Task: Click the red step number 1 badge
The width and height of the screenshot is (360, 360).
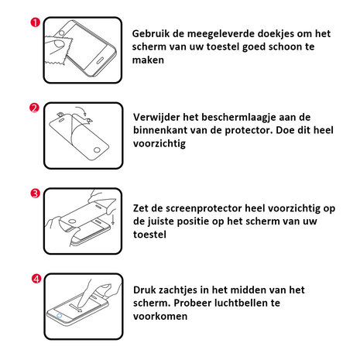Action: tap(36, 22)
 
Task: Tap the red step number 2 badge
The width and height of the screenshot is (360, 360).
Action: tap(34, 108)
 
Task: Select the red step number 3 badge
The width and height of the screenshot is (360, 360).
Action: tap(36, 194)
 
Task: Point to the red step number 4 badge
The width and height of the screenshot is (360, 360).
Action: tap(36, 279)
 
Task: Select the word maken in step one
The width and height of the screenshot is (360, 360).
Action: tap(148, 60)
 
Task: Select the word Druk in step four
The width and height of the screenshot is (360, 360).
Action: tap(144, 290)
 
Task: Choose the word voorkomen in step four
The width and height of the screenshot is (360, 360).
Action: tap(160, 317)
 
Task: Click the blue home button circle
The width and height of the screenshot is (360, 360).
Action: tap(60, 316)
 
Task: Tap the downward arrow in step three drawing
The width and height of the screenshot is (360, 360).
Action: tap(113, 219)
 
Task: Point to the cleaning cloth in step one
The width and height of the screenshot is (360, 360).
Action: tap(57, 50)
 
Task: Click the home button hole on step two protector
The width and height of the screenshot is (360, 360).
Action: tap(97, 150)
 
